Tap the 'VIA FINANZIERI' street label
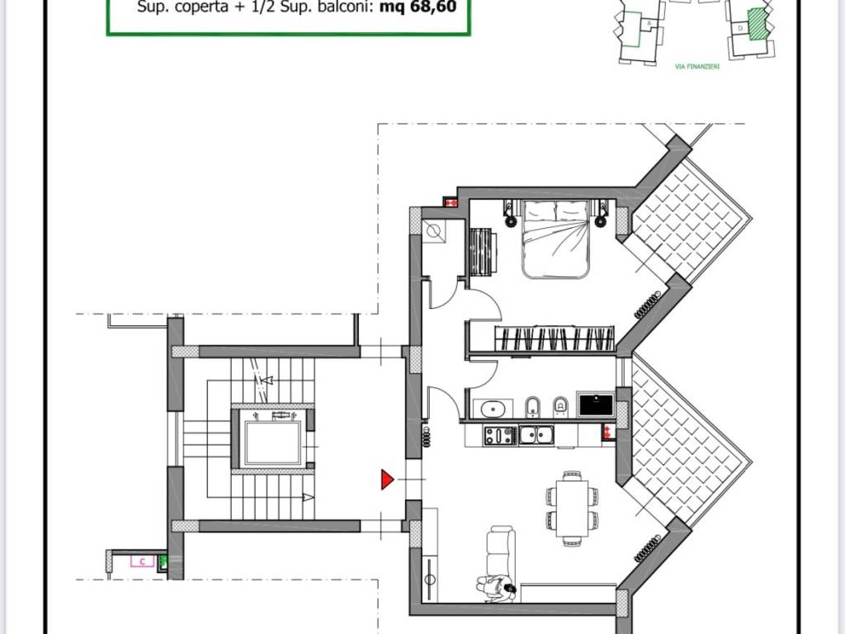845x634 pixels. tap(697, 67)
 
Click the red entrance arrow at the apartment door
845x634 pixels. tap(386, 480)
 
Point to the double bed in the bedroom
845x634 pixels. tap(555, 239)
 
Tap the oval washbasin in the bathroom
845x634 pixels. tap(493, 407)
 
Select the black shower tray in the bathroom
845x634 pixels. tap(595, 405)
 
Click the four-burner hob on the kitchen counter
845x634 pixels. tap(499, 435)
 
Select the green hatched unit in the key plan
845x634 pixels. tap(755, 20)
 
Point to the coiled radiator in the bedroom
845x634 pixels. tap(649, 304)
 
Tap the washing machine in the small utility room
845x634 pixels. tap(434, 231)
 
